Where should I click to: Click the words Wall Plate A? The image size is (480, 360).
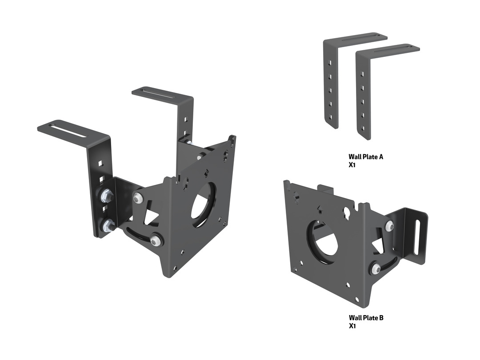[366, 157]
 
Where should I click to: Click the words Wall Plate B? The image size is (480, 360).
[366, 318]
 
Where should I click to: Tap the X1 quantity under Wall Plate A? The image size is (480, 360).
[352, 165]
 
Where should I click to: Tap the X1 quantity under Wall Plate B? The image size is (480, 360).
[352, 326]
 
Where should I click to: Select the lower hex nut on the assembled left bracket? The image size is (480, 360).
[107, 226]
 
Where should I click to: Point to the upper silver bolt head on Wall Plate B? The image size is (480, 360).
[389, 226]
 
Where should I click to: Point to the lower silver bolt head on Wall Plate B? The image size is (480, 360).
[376, 269]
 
